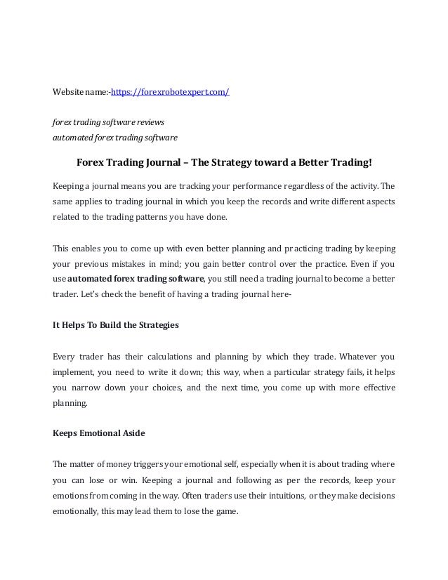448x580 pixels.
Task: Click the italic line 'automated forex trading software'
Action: point(116,137)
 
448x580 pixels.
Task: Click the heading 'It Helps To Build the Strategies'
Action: point(117,325)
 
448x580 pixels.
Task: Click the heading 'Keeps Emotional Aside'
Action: point(99,433)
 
